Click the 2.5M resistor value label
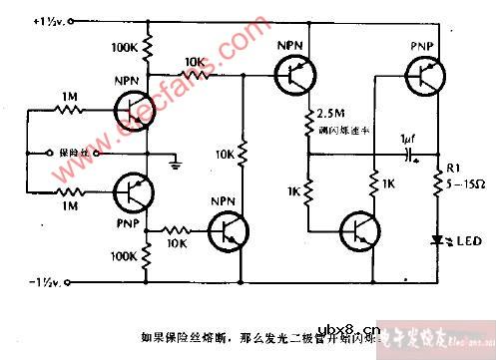click(x=331, y=112)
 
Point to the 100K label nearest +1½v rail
click(x=125, y=47)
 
